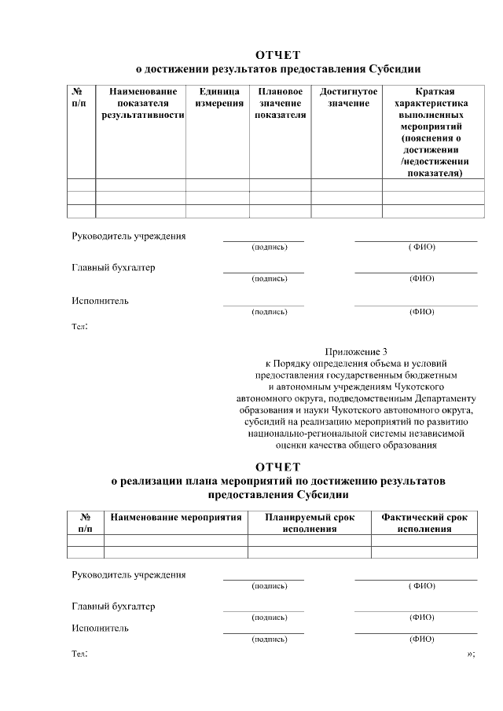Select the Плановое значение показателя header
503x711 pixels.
coord(281,103)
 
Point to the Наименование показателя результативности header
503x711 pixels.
coord(142,103)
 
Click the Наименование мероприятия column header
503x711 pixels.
coord(175,518)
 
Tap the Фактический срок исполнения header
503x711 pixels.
coord(424,523)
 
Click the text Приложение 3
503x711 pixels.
coord(356,352)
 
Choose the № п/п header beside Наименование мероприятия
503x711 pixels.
coord(85,523)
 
